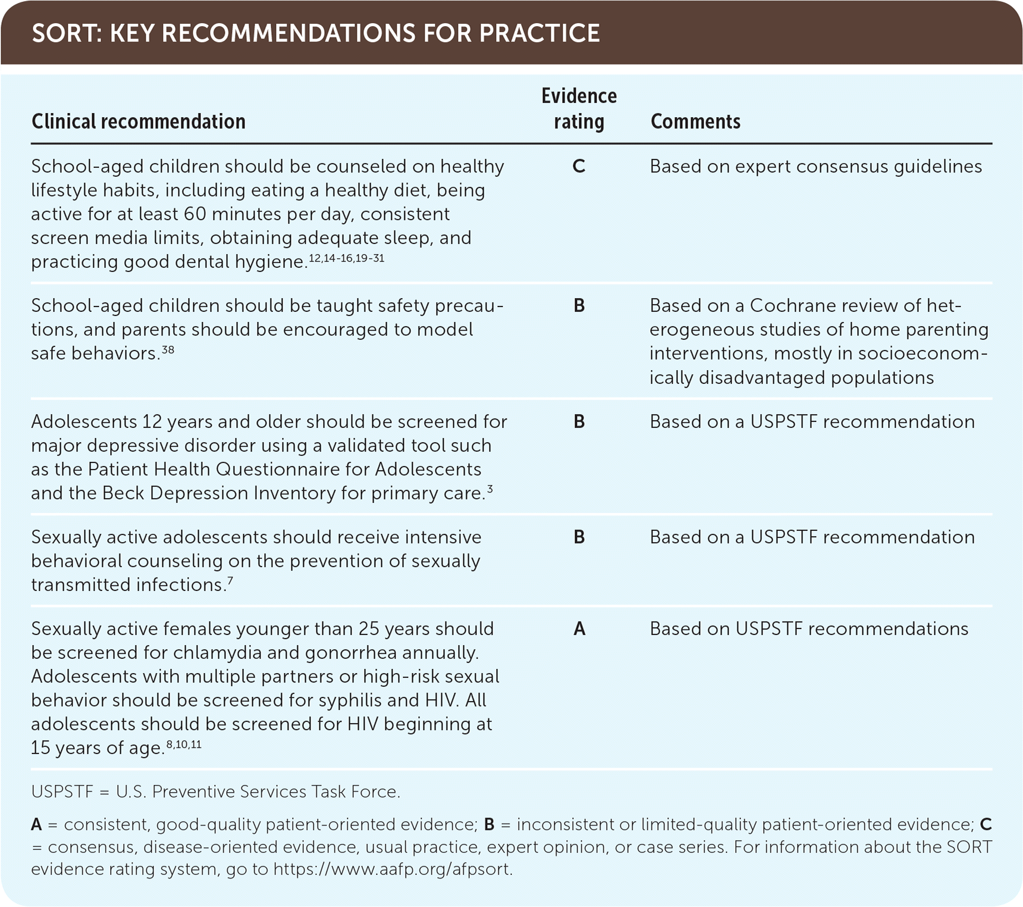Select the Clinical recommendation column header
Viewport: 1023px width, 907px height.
point(139,121)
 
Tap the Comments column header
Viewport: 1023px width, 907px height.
point(695,121)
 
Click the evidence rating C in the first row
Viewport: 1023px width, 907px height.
point(579,166)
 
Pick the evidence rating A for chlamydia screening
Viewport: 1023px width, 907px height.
point(579,628)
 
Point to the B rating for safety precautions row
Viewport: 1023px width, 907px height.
point(579,305)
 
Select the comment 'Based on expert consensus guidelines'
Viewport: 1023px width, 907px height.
point(816,167)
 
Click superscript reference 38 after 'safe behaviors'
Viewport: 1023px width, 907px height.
point(168,349)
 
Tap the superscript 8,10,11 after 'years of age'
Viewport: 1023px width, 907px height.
point(184,744)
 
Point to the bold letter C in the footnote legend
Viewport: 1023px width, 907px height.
point(986,824)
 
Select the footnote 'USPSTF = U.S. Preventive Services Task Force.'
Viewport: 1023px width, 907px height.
point(216,792)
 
